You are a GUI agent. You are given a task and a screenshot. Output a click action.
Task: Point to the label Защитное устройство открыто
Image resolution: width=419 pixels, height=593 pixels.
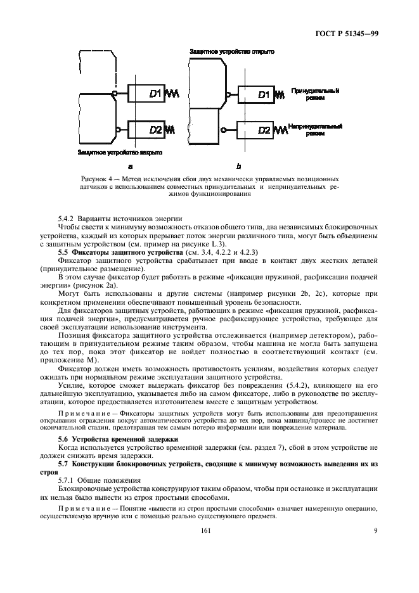(x=231, y=51)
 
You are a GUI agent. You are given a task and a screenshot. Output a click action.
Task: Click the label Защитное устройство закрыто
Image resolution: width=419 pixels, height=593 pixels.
(x=120, y=152)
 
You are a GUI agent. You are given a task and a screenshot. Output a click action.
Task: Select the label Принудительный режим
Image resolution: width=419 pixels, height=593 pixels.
(x=315, y=95)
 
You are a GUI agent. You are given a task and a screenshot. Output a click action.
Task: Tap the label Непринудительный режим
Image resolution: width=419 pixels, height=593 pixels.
(x=315, y=130)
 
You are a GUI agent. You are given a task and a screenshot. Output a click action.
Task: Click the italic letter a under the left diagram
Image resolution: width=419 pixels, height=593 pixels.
(x=130, y=167)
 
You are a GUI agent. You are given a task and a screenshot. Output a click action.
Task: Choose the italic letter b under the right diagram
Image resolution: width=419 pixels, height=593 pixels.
(x=238, y=167)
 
